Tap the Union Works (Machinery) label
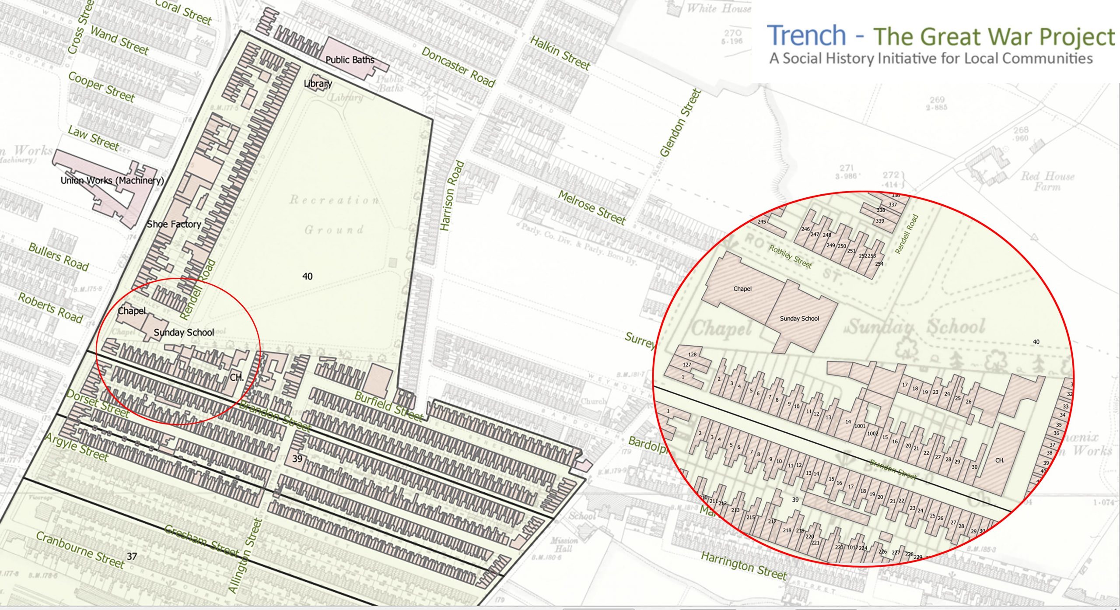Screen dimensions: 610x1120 point(112,180)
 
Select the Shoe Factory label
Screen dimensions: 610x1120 point(174,224)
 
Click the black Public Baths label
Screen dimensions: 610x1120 point(350,60)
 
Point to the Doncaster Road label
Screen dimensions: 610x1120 point(458,67)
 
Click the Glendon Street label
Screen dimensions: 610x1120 point(680,123)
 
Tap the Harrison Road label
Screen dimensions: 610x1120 point(451,196)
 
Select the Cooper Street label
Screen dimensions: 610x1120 point(101,87)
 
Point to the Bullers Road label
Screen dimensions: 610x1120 point(59,256)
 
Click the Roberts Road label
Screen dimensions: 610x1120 point(50,308)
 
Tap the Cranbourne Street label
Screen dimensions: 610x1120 point(80,550)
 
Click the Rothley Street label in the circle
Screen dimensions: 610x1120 point(790,256)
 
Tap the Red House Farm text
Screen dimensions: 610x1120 point(1047,181)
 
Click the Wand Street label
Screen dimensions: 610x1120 point(119,40)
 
